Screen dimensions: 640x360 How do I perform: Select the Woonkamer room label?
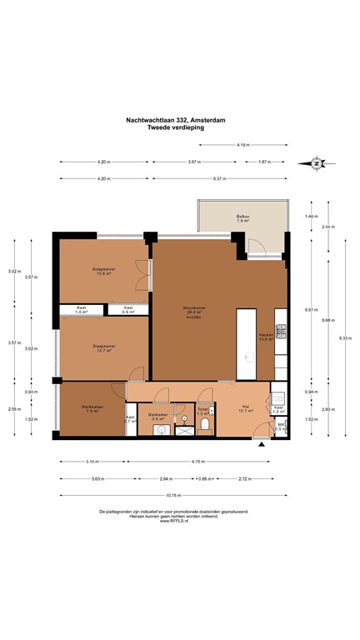click(195, 312)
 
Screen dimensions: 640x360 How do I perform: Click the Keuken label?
click(266, 336)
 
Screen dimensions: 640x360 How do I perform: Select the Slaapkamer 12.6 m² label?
click(103, 271)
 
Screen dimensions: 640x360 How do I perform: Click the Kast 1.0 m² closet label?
click(81, 310)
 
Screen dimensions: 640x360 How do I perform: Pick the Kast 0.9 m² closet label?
click(128, 310)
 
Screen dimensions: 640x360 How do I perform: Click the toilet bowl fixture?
click(203, 425)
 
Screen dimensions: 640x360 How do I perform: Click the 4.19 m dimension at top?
click(242, 145)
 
